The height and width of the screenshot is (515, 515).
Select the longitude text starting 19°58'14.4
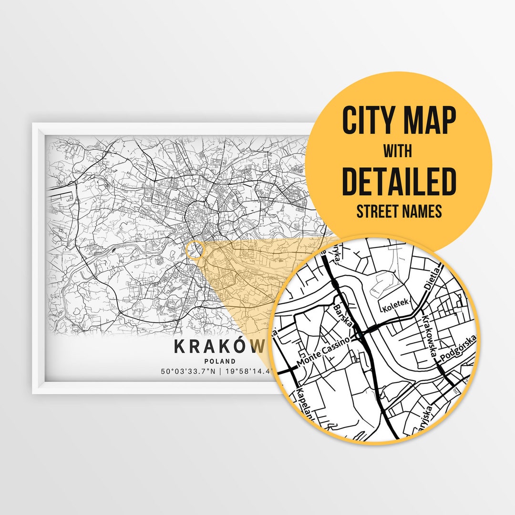tap(248, 371)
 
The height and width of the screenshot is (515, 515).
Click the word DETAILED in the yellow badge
tap(399, 181)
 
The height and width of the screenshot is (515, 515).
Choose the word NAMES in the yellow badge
tap(424, 211)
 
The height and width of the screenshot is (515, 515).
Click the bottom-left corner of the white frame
tap(33, 393)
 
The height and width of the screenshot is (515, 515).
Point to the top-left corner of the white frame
tap(33, 124)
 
